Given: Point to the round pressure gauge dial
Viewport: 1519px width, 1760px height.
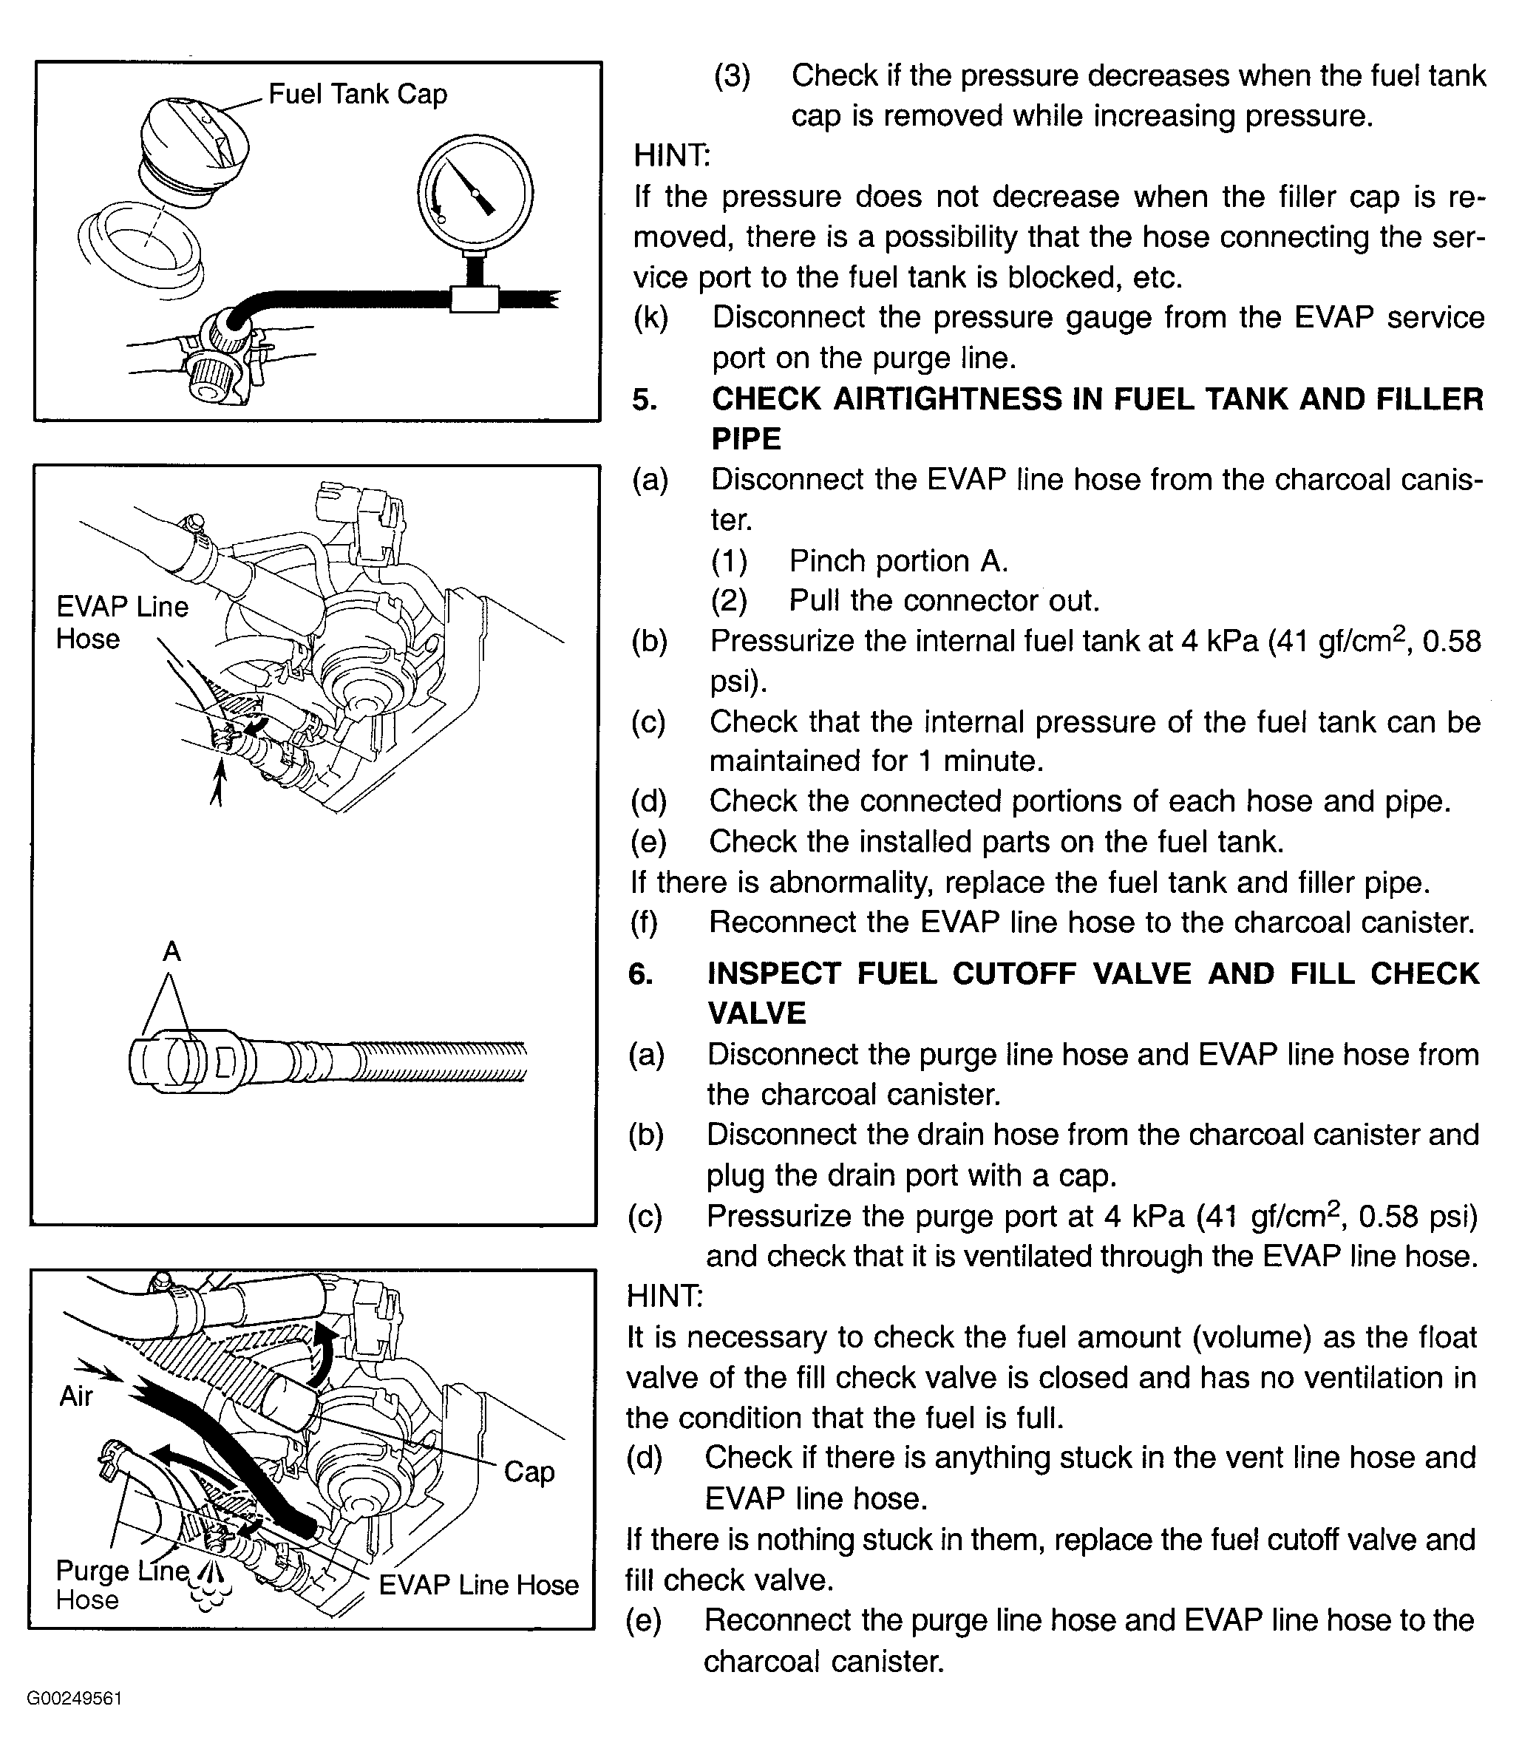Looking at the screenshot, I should coord(475,193).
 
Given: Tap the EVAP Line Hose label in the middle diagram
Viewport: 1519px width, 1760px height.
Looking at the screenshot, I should coord(121,622).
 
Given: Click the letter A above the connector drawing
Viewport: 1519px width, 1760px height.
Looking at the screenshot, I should coord(171,951).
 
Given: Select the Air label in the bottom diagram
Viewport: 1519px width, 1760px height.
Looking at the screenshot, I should coord(75,1396).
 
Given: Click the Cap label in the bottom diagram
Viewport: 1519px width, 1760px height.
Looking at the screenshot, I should coord(529,1471).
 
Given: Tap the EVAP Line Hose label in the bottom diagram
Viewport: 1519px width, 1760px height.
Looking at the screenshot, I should coord(478,1584).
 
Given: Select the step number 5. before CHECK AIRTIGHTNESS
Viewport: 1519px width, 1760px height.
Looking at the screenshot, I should coord(645,398).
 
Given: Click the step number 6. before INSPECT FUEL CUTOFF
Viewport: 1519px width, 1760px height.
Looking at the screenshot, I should coord(641,973).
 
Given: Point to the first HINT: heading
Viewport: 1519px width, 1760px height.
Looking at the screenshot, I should coord(672,155).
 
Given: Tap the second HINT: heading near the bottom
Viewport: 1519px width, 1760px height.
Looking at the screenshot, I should coord(665,1297).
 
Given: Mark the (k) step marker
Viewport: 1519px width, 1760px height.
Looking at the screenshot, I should coord(650,318).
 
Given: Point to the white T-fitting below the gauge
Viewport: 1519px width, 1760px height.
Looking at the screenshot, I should coord(474,299).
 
